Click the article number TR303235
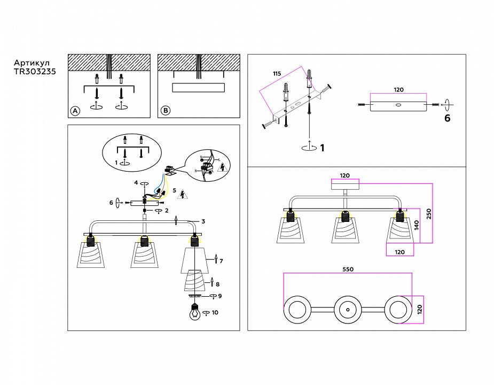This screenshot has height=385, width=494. click(35, 71)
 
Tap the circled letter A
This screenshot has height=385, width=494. click(75, 111)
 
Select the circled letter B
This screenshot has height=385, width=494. click(166, 111)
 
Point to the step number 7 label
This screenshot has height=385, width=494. click(221, 261)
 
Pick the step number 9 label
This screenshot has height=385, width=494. click(219, 296)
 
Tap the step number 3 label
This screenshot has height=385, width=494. click(203, 220)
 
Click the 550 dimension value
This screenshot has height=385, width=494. click(347, 269)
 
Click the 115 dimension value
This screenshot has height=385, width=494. click(277, 73)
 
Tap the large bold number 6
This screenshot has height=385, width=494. click(447, 119)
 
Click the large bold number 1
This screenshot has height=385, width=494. click(322, 148)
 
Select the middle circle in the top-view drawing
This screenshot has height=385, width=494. click(347, 310)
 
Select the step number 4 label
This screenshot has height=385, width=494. click(137, 183)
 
